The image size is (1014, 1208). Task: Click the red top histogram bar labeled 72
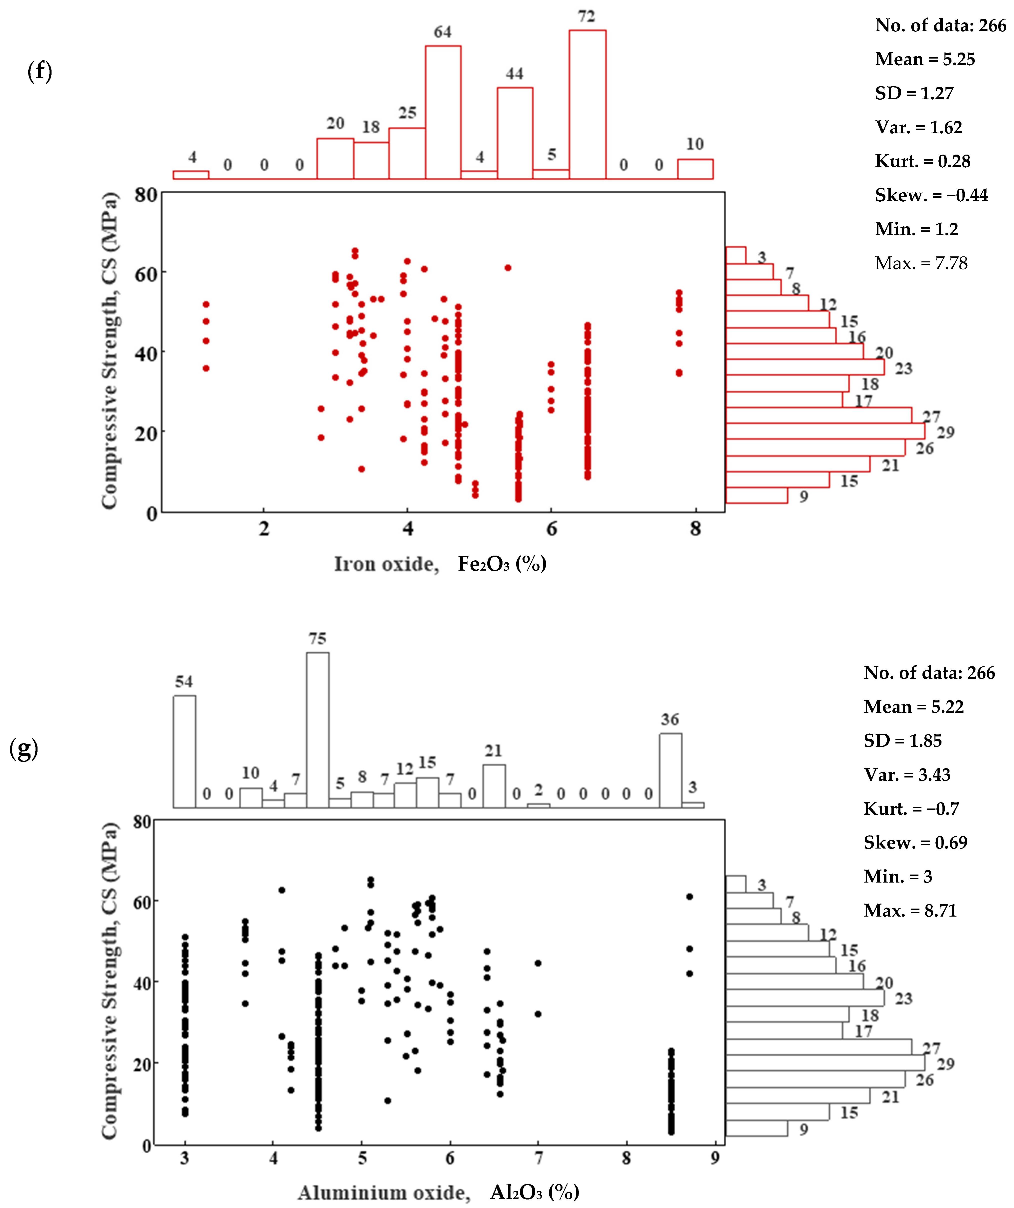click(x=587, y=105)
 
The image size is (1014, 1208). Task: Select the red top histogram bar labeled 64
click(x=443, y=112)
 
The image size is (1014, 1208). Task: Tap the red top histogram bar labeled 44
click(x=515, y=133)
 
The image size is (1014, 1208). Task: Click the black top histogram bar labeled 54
click(x=185, y=751)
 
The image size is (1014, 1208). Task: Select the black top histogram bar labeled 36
click(x=671, y=770)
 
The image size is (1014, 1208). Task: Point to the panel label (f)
click(x=40, y=71)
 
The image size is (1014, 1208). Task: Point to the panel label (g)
click(x=24, y=749)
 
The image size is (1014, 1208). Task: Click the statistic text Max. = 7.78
click(x=921, y=263)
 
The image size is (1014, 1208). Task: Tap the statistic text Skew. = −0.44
click(x=931, y=195)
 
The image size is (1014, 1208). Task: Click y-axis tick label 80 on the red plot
click(x=146, y=195)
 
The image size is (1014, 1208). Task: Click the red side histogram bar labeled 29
click(x=825, y=431)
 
